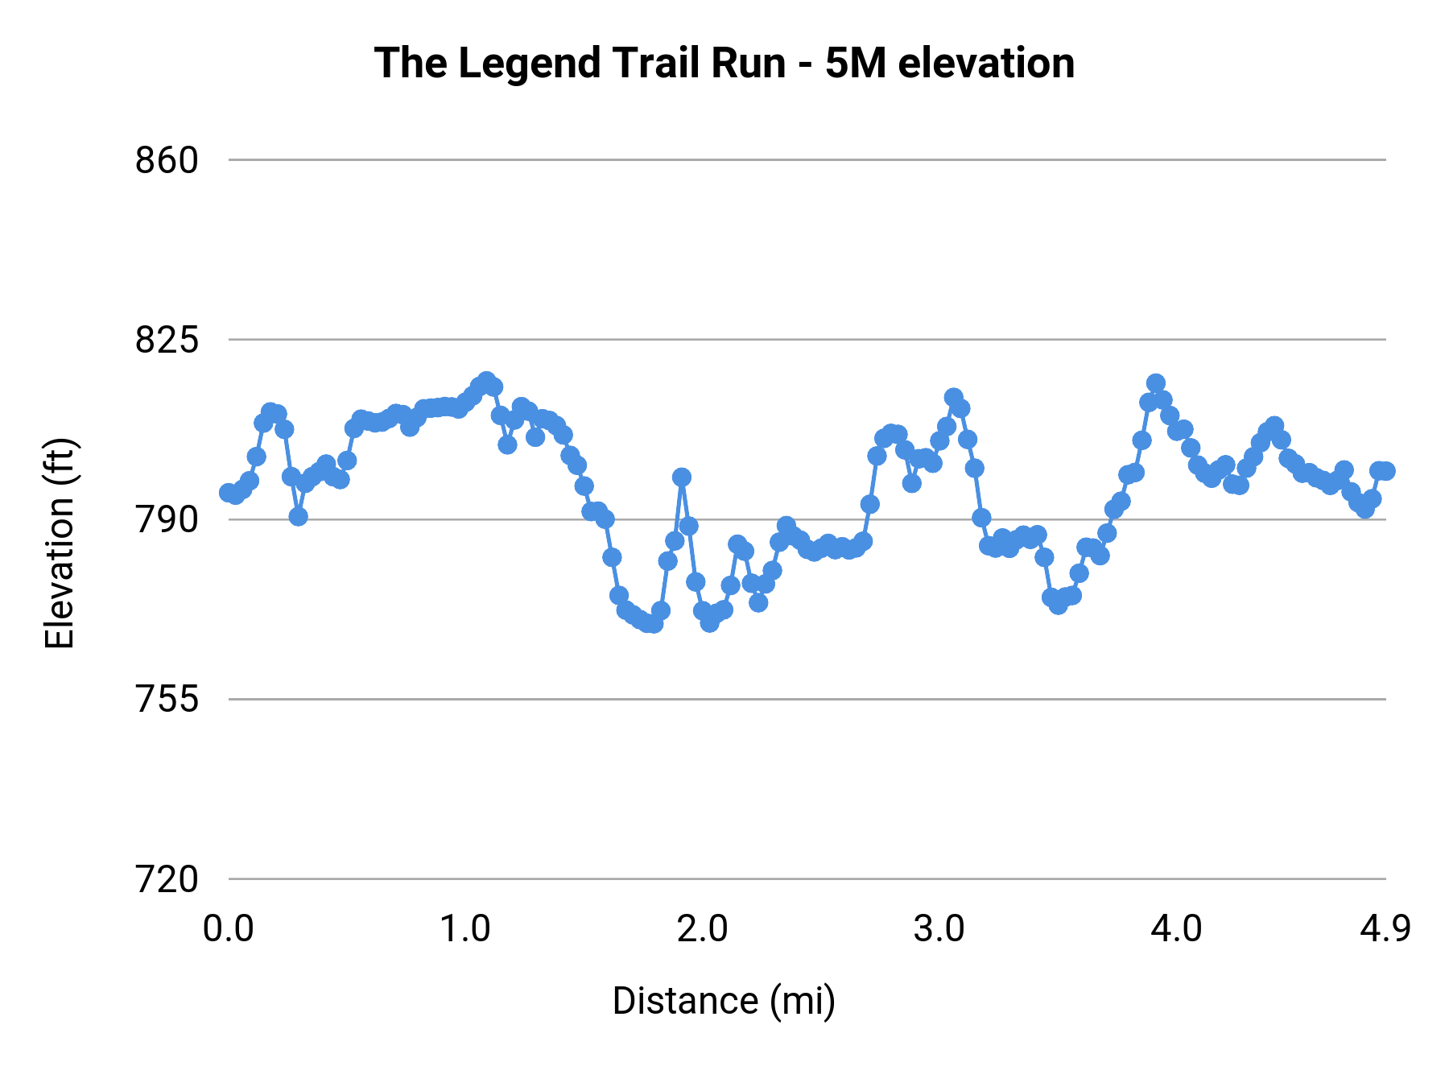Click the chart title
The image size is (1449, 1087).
coord(724,63)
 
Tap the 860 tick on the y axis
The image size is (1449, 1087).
coord(167,160)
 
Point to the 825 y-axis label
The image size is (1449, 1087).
coord(167,340)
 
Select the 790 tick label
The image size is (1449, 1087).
coord(167,520)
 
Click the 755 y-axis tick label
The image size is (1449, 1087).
coord(167,699)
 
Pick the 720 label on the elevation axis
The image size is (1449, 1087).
coord(167,879)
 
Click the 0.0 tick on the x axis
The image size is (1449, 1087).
coord(229,929)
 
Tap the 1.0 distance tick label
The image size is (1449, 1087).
coord(465,929)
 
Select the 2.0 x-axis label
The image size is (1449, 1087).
coord(702,929)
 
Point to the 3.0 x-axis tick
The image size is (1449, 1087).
coord(939,929)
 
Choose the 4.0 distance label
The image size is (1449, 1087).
coord(1175,929)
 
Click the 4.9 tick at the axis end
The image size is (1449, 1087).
coord(1385,929)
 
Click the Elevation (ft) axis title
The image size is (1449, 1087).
coord(60,543)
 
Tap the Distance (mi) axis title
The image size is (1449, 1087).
coord(724,1001)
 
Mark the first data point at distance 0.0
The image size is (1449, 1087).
coord(229,493)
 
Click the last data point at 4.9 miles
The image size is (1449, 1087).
coord(1385,471)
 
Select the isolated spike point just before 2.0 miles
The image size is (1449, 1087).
coord(682,477)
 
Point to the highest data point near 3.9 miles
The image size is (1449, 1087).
coord(1156,383)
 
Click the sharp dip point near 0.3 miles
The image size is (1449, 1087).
coord(299,516)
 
